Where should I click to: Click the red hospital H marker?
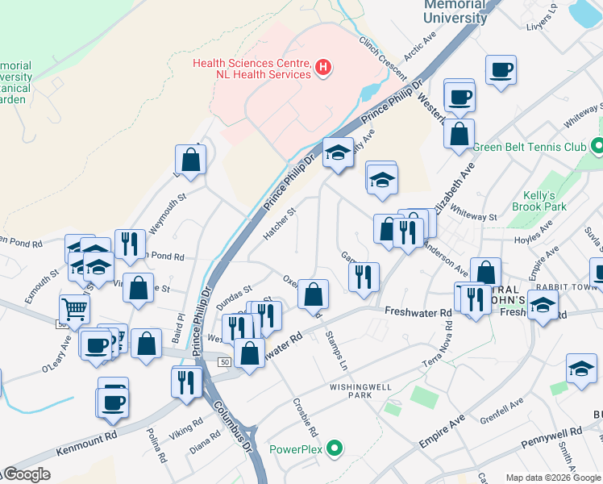(322, 67)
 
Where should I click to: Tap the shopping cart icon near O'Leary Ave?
(74, 308)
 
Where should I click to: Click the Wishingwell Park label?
(360, 391)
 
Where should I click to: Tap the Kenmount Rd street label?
(88, 442)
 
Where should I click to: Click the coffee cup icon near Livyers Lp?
(501, 70)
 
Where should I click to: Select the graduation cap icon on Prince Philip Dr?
(338, 152)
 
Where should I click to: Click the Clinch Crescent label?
(382, 58)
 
